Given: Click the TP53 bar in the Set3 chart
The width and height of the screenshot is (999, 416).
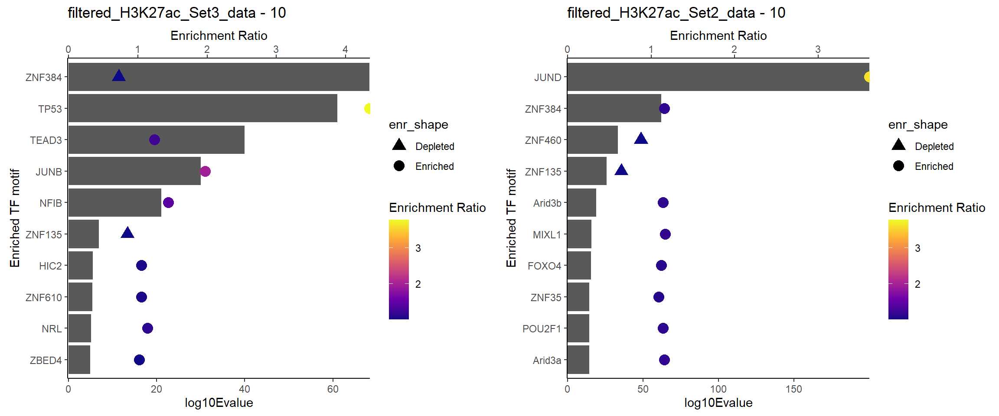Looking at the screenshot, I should pyautogui.click(x=202, y=108).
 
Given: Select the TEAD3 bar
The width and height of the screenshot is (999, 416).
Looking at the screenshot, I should pyautogui.click(x=156, y=140).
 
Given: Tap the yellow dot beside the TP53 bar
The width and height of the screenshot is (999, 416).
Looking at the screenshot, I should pyautogui.click(x=368, y=108).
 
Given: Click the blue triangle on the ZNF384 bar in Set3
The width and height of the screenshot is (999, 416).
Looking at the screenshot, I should pyautogui.click(x=119, y=76).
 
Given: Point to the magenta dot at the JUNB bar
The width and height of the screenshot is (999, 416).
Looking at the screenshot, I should pyautogui.click(x=205, y=171).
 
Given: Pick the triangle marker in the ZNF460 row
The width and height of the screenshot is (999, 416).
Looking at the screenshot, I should pyautogui.click(x=641, y=139).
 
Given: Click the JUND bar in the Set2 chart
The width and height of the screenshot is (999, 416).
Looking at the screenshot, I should pyautogui.click(x=718, y=77).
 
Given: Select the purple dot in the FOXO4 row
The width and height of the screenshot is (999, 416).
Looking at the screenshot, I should pyautogui.click(x=661, y=265).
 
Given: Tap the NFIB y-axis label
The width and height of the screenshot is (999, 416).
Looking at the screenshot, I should pyautogui.click(x=51, y=203).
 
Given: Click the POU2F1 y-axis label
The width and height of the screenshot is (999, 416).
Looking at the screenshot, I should pyautogui.click(x=542, y=328).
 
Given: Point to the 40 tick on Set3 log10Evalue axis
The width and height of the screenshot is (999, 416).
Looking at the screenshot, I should pyautogui.click(x=245, y=389).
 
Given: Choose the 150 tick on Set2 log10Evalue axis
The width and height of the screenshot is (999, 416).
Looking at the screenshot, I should pyautogui.click(x=794, y=389).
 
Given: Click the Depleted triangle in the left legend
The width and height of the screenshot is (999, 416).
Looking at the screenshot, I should pyautogui.click(x=399, y=145).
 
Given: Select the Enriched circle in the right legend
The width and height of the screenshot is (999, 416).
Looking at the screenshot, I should pyautogui.click(x=898, y=166).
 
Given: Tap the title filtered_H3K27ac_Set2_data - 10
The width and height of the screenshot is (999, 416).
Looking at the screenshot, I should pyautogui.click(x=676, y=13).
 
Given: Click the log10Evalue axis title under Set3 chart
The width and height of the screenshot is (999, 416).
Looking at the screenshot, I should pyautogui.click(x=219, y=403).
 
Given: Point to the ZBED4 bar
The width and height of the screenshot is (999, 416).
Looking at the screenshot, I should pyautogui.click(x=79, y=360).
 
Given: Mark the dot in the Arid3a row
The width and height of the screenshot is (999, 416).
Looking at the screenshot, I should pyautogui.click(x=664, y=360).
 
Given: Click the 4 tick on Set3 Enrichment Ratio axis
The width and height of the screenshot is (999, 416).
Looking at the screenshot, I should pyautogui.click(x=345, y=49).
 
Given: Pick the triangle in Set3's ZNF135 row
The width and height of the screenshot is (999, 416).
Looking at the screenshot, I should pyautogui.click(x=127, y=233).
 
